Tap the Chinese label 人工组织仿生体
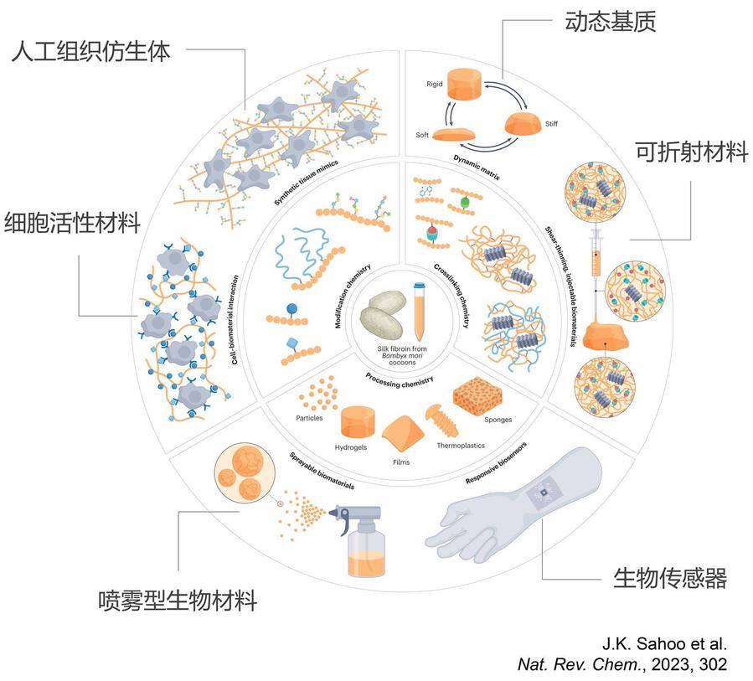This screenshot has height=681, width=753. tap(92, 52)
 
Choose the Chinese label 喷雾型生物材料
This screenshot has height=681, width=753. tap(176, 601)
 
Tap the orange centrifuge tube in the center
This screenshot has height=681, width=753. tap(418, 314)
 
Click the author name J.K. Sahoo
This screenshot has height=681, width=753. tap(642, 644)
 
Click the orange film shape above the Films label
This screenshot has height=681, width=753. tap(406, 435)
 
